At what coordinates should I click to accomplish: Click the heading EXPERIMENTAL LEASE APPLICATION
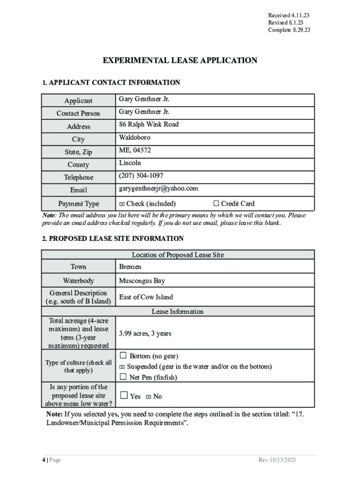point(180,60)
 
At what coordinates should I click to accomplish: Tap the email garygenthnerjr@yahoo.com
point(158,189)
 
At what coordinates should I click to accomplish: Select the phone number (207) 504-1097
point(141,175)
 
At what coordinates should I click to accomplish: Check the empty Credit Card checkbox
point(216,203)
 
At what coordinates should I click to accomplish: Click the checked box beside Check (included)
point(122,204)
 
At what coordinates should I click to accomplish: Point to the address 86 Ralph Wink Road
point(149,124)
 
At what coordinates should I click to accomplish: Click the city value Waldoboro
point(135,138)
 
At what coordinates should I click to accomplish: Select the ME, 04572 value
point(135,150)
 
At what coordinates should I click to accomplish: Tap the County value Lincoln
point(130,163)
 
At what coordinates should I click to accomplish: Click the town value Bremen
point(130,267)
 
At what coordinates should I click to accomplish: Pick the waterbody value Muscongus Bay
point(142,281)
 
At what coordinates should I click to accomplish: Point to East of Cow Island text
point(146,297)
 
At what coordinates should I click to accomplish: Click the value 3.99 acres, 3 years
point(145,334)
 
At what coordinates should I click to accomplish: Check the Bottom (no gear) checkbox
point(123,356)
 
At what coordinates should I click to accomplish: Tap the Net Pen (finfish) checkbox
point(123,376)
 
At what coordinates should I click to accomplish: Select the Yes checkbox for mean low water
point(123,395)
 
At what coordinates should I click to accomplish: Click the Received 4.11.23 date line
point(288,15)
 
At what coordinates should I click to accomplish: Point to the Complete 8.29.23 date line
point(289,30)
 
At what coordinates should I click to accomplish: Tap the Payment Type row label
point(79,203)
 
